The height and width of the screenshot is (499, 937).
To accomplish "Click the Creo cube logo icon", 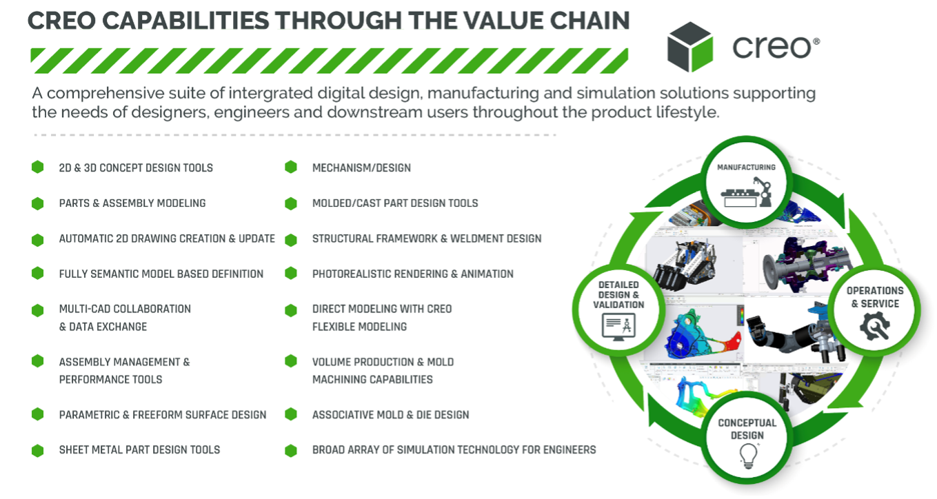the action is click(x=689, y=46).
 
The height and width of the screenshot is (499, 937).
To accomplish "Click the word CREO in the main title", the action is click(x=61, y=21).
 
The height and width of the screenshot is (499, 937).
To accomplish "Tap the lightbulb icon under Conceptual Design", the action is click(x=748, y=456).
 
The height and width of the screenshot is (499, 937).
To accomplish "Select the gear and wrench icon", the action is click(x=875, y=326).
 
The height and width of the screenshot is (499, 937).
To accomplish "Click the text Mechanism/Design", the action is click(x=361, y=167).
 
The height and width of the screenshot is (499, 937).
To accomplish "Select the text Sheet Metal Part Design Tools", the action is click(x=139, y=449).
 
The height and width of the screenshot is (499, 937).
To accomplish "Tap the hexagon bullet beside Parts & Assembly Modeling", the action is click(x=38, y=203).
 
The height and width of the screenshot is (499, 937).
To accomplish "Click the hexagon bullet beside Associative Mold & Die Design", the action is click(x=291, y=414).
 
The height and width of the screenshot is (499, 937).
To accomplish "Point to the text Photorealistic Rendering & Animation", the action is click(x=413, y=274).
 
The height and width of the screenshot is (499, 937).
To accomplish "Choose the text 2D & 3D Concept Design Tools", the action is click(x=136, y=167).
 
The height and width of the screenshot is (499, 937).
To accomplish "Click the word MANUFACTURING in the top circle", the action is click(x=746, y=167).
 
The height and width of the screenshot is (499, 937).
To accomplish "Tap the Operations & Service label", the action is click(x=875, y=297).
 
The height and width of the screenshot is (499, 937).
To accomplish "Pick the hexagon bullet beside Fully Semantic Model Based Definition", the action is click(x=38, y=274).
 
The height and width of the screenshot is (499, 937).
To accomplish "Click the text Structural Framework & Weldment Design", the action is click(x=427, y=238).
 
